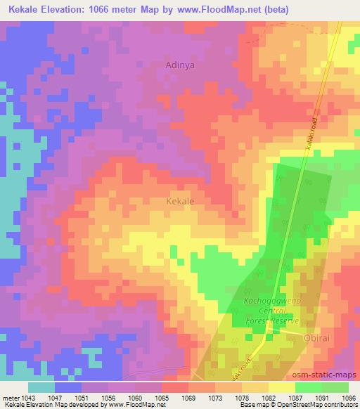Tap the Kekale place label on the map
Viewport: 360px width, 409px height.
(x=180, y=201)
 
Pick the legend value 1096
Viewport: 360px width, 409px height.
(x=349, y=398)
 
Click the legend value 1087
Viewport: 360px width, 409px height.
(x=295, y=398)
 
